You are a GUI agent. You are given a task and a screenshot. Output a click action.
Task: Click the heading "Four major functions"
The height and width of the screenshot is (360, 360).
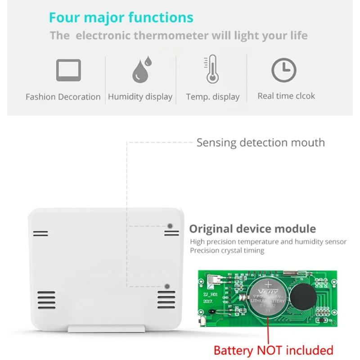point(121,18)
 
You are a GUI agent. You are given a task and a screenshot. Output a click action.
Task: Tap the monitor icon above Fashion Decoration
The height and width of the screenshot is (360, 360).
point(68,70)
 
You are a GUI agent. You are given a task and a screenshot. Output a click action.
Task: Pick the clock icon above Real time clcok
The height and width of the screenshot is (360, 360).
point(283,70)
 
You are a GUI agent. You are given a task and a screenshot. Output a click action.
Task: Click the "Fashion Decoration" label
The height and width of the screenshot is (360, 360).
point(63,97)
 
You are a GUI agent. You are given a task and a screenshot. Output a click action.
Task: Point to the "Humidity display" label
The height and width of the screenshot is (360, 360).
point(140,97)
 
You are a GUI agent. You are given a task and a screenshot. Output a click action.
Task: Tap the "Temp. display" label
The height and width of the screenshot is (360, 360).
point(213,97)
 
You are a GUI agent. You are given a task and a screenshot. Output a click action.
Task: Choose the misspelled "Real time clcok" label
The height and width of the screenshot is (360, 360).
point(286,96)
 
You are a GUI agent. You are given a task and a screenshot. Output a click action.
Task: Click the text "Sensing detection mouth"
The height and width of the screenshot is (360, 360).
point(261,143)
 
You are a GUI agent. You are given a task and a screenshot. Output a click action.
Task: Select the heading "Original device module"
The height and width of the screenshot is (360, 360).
point(252,229)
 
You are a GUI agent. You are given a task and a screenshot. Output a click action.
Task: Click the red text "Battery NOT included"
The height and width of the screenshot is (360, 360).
point(274,350)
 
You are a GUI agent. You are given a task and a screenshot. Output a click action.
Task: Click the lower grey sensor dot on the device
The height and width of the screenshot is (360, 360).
point(167,286)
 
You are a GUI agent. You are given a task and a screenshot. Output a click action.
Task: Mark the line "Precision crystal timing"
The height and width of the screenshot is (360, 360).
point(227,251)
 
